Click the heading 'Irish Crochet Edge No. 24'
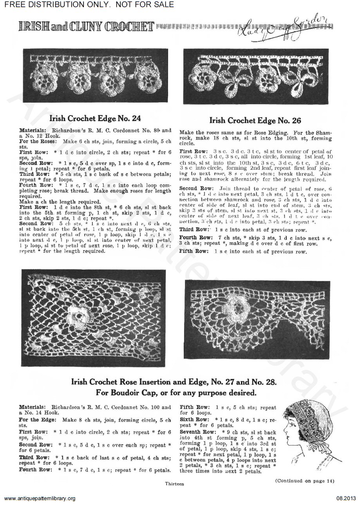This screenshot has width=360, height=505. coord(95,118)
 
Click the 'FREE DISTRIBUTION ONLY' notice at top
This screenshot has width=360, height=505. coord(87,5)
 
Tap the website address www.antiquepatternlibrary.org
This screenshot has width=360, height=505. coord(39,498)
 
